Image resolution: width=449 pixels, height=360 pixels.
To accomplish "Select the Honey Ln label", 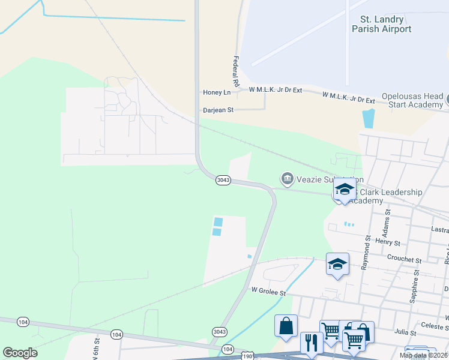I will pos(217,92).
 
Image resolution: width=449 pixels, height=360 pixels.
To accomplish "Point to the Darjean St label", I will pos(218,110).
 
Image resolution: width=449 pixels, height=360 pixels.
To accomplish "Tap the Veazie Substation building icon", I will pos(287,178).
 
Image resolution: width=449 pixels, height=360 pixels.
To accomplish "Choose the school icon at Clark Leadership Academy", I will pos(345,190).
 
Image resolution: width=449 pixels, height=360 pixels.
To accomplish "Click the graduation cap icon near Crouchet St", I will pos(337,263).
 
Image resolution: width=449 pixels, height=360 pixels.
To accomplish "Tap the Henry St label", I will pos(388,243).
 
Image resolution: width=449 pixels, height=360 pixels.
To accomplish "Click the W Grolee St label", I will pos(268,290).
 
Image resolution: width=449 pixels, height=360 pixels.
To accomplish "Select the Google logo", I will pos(20,353).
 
